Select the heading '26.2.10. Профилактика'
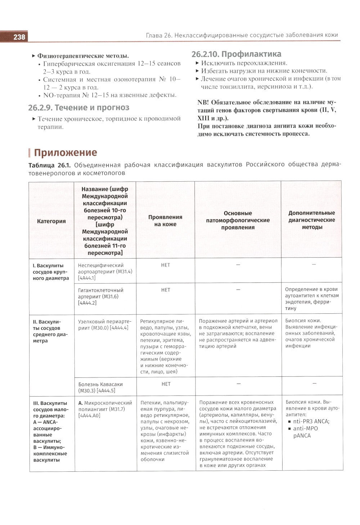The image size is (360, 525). click(x=237, y=54)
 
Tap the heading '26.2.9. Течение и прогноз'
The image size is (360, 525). click(x=79, y=108)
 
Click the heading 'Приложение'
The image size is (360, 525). click(x=65, y=153)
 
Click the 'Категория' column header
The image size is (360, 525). click(x=51, y=221)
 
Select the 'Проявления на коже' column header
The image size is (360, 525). click(x=165, y=221)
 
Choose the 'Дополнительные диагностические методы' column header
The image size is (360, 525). click(x=312, y=220)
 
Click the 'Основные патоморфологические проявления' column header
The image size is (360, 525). click(x=238, y=220)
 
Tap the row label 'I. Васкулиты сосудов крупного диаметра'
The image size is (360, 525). click(x=51, y=272)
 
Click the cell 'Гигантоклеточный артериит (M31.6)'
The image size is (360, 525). click(x=101, y=296)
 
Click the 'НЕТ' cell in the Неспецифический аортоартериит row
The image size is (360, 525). click(x=165, y=265)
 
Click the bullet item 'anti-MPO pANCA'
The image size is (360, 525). click(x=306, y=432)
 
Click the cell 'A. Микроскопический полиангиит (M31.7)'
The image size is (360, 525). click(x=105, y=409)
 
